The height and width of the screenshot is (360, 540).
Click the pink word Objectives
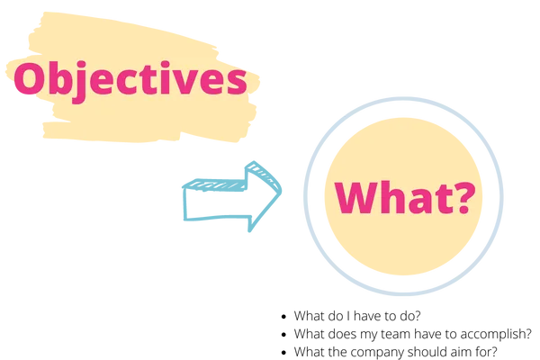130,81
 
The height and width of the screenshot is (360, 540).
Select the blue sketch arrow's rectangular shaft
215,200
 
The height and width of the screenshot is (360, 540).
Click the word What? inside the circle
405,197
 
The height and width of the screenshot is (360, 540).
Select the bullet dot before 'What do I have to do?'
283,316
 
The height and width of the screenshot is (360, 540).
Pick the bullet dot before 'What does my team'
283,335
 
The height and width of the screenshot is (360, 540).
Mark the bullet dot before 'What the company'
283,353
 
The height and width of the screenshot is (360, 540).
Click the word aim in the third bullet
458,352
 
